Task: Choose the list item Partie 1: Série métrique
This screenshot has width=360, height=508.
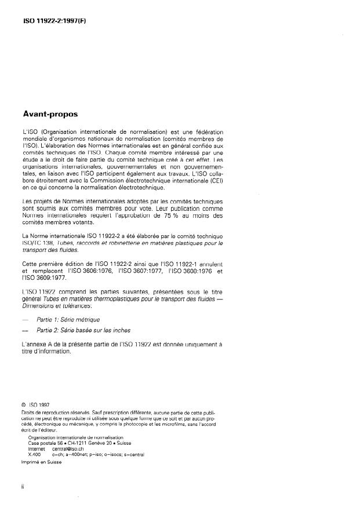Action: (x=75, y=320)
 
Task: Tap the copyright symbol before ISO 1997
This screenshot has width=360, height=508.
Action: (x=23, y=405)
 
